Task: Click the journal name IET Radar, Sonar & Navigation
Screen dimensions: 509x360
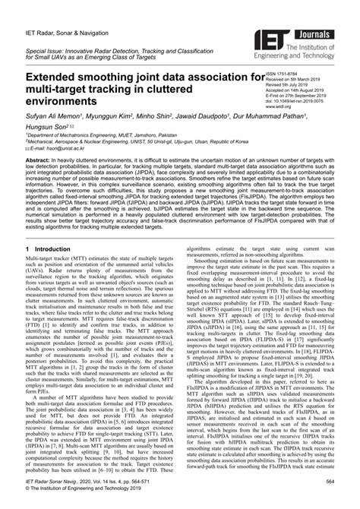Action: [65, 17]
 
